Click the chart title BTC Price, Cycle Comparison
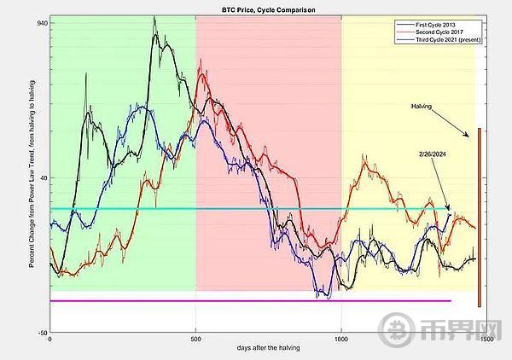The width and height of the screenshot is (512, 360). (256, 9)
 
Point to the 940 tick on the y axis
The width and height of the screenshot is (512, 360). (41, 23)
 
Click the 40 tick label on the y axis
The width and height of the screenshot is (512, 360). (43, 177)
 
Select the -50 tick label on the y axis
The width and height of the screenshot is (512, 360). (41, 334)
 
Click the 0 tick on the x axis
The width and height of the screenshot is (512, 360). (50, 340)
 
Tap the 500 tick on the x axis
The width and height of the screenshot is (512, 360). (195, 340)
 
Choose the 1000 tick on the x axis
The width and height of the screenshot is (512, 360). (340, 340)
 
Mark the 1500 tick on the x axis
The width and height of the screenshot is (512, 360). (486, 340)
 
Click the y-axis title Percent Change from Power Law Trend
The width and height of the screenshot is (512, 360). (32, 179)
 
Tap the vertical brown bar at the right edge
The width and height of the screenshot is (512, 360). (480, 218)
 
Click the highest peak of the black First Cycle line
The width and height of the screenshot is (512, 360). (154, 17)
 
